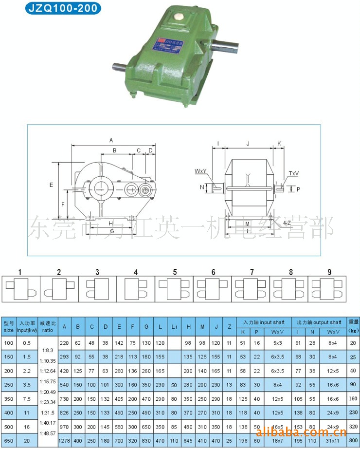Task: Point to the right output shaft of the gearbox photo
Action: click(x=227, y=46)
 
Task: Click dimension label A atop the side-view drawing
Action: click(x=111, y=140)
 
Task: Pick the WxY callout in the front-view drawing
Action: click(x=201, y=171)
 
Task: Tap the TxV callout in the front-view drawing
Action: click(x=294, y=173)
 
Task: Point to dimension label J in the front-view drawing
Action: click(x=248, y=143)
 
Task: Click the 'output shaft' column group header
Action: click(x=319, y=322)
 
